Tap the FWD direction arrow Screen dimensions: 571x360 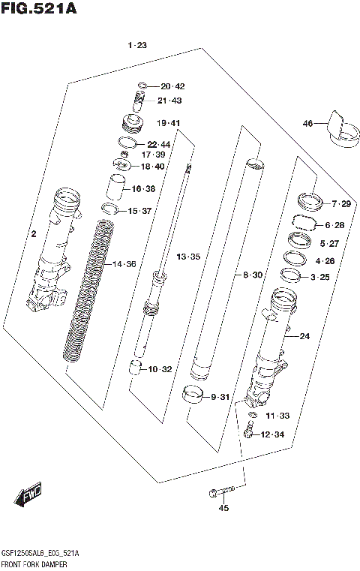click(x=29, y=496)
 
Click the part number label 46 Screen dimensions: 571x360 click(x=307, y=123)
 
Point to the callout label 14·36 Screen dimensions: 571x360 click(x=122, y=264)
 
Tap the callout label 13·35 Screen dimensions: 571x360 click(x=188, y=257)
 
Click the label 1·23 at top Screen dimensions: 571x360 click(x=137, y=46)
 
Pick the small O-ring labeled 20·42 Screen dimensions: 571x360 click(x=143, y=86)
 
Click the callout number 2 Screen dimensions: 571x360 click(x=33, y=235)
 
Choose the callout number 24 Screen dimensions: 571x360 click(x=304, y=336)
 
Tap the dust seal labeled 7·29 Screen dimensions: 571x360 click(x=307, y=201)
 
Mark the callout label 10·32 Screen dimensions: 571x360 click(x=160, y=369)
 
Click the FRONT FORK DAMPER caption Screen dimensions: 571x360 click(x=34, y=563)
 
